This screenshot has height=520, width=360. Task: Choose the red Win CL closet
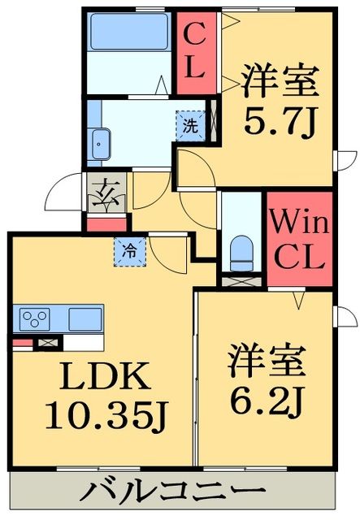pos(298,240)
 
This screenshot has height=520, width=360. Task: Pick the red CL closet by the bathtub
pos(194,50)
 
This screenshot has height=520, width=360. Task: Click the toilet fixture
pos(241,253)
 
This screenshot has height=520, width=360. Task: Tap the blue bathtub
pos(128,32)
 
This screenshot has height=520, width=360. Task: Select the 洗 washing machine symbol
pos(189,127)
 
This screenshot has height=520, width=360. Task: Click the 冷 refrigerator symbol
pos(130,251)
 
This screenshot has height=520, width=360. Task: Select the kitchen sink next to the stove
pos(85,317)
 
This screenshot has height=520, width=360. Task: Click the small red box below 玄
pos(107,223)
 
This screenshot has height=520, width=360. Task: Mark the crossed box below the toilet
pos(242,281)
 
